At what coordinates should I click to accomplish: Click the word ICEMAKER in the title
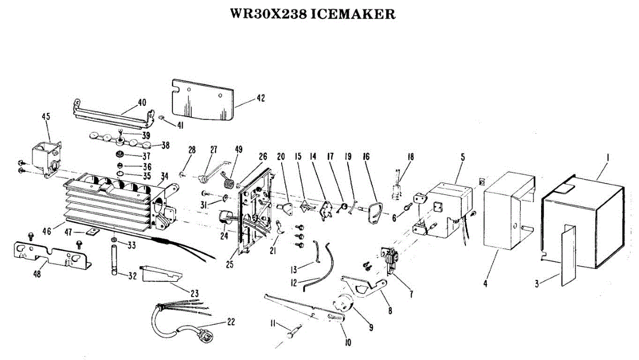(x=353, y=14)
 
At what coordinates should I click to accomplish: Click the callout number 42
(x=260, y=98)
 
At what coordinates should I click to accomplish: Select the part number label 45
(x=46, y=117)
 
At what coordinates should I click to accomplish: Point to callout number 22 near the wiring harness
(x=230, y=321)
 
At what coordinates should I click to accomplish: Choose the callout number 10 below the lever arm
(x=348, y=343)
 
